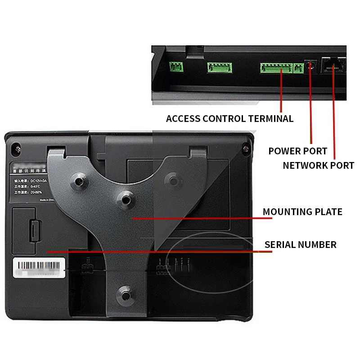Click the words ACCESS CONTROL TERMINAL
[x=229, y=119]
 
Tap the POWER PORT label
[x=297, y=151]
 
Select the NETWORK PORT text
[x=318, y=165]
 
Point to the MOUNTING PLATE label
[x=302, y=211]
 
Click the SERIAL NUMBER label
[x=300, y=245]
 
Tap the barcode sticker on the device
[x=38, y=267]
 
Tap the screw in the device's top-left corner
[x=16, y=148]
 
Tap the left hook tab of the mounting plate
[x=56, y=153]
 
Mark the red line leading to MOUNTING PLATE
[x=202, y=218]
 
